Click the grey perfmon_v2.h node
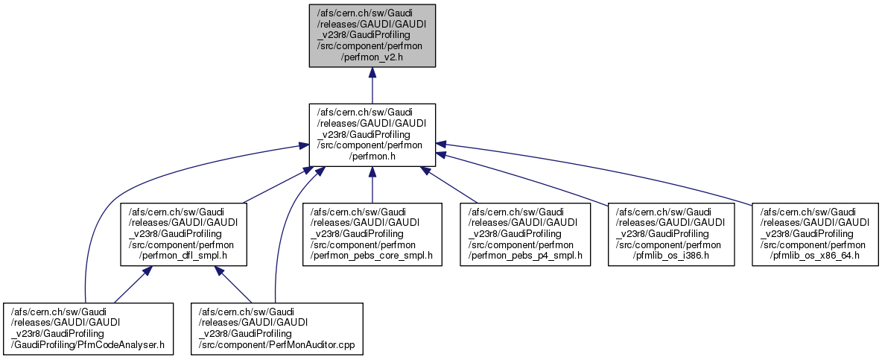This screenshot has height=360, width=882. click(x=372, y=35)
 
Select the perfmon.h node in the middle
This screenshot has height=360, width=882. click(x=372, y=134)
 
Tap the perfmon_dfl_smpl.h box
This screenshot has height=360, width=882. click(x=183, y=233)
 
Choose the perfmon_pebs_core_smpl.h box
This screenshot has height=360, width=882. click(x=371, y=233)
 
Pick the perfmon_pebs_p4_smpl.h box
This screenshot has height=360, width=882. click(x=524, y=233)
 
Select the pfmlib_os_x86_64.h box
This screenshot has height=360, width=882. click(x=815, y=233)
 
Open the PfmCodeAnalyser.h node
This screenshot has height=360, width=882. click(x=88, y=328)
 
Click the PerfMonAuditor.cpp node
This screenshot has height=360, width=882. click(x=277, y=328)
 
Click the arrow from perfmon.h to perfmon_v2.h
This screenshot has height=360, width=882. click(x=372, y=86)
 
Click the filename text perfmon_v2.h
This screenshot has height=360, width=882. click(x=372, y=57)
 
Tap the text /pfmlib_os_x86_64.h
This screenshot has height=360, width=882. click(x=815, y=256)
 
